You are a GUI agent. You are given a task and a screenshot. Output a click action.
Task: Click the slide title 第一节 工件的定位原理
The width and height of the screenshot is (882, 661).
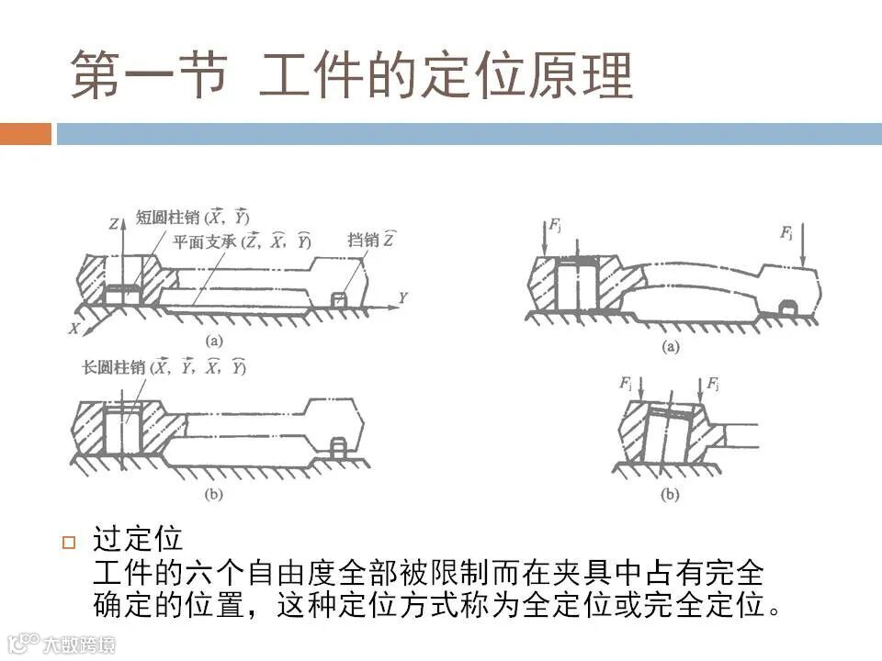tap(352, 75)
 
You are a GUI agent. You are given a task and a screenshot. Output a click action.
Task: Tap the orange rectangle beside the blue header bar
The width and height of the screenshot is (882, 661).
tap(26, 134)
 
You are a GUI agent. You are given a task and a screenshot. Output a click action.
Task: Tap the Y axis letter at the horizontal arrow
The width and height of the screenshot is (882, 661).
tap(401, 297)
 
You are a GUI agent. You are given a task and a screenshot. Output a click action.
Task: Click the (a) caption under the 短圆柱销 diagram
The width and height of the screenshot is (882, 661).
tap(213, 341)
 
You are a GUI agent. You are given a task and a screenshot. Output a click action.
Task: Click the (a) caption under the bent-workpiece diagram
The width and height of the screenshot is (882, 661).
tap(670, 346)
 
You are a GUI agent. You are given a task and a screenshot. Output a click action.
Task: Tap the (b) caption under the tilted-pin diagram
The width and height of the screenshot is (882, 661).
tap(670, 495)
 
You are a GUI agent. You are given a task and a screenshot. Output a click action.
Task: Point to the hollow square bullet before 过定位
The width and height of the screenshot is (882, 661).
tap(67, 542)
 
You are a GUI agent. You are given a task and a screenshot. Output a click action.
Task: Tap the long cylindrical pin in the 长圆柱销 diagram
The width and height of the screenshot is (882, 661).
tap(121, 430)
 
